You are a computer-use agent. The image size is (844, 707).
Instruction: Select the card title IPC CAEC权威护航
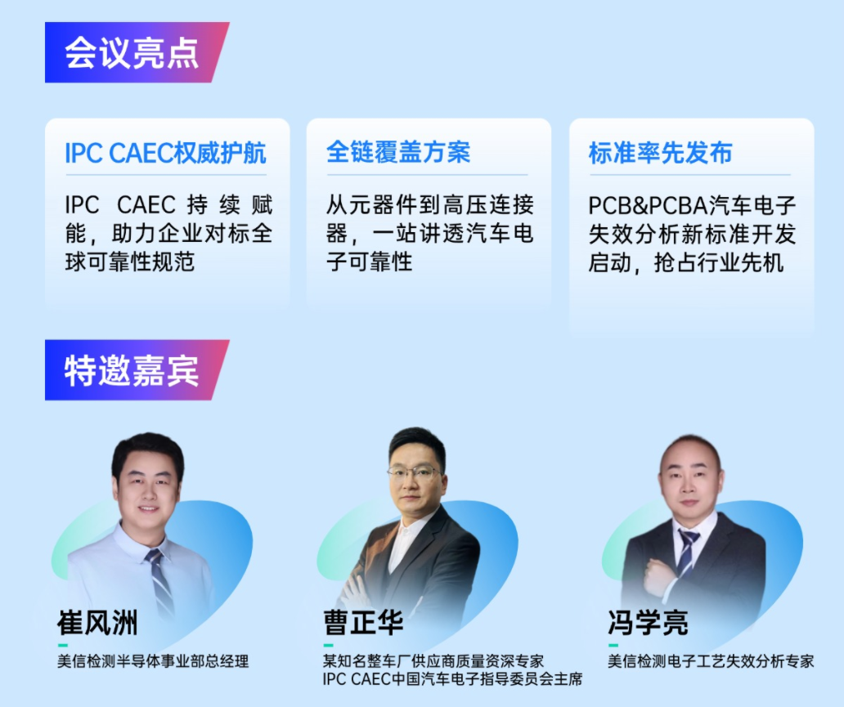point(165,153)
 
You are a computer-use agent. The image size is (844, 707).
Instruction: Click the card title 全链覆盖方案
point(398,152)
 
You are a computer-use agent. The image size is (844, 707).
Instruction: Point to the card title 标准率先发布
point(660,153)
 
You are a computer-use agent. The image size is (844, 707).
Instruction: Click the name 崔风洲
point(97,623)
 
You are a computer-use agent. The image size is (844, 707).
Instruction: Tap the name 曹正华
point(364,623)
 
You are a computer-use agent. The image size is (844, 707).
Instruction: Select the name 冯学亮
point(648,623)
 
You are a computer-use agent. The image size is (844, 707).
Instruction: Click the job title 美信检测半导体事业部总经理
point(153,661)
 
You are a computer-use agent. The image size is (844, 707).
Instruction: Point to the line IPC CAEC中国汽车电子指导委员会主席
point(452,678)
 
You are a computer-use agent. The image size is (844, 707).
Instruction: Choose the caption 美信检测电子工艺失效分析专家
point(711,661)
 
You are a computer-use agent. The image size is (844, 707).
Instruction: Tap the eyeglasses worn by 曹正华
point(413,473)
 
